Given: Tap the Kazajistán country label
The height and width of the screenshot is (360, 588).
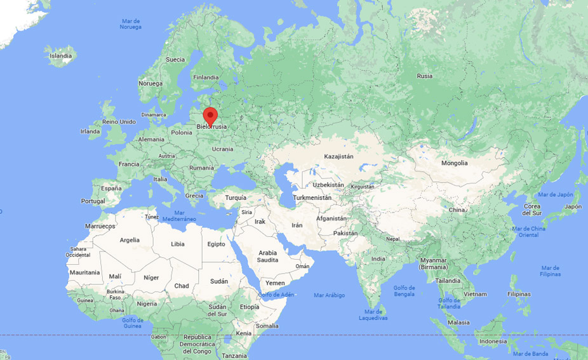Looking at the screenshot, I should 338,156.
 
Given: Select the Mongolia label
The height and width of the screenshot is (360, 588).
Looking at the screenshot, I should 454,163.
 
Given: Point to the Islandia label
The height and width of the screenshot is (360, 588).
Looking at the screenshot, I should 61,56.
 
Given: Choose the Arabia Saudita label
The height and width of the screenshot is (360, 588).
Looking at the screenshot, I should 267,257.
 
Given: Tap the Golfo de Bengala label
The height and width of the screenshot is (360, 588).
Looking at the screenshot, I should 404,291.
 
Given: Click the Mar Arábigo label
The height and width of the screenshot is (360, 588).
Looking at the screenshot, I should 330,295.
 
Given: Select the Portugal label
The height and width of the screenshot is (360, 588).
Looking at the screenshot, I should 93,201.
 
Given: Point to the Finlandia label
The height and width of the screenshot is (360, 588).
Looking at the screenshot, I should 206,77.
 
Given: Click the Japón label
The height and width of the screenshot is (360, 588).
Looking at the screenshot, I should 573,206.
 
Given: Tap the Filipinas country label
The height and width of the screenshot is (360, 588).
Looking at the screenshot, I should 519,294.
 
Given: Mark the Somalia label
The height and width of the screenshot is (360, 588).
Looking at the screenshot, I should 267,326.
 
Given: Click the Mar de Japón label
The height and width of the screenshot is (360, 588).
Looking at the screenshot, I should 556,194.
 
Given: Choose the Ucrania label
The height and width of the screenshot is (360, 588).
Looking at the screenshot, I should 222,149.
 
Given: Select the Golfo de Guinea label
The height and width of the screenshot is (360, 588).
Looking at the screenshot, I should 132,322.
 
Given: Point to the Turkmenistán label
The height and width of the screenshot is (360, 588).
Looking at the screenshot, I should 312,198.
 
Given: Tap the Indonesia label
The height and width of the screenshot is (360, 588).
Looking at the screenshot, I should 493,341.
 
